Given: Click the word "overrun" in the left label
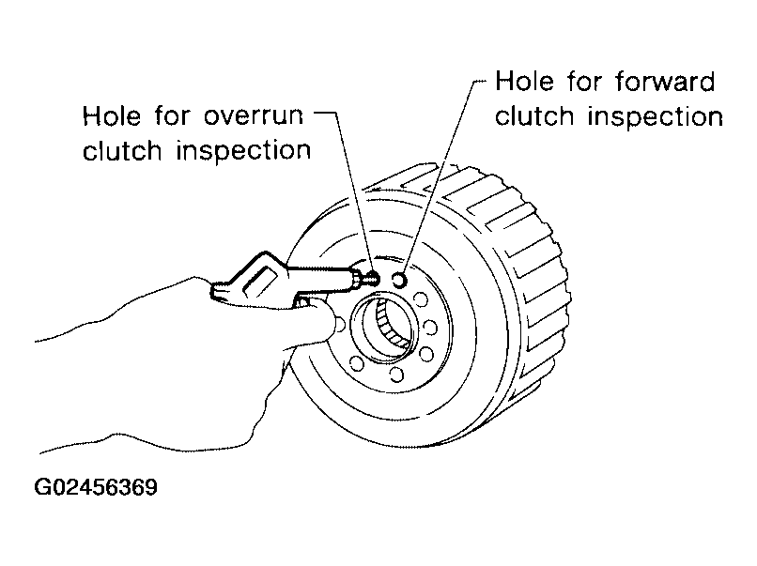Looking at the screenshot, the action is pyautogui.click(x=254, y=116).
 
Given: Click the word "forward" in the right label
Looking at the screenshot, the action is pyautogui.click(x=665, y=81).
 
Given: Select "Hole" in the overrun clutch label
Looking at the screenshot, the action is pyautogui.click(x=112, y=115).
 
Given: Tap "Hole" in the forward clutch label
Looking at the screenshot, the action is pyautogui.click(x=524, y=81).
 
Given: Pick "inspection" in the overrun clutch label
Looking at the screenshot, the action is pyautogui.click(x=243, y=150).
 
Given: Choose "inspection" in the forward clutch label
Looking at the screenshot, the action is pyautogui.click(x=656, y=116).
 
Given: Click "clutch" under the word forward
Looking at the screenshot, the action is pyautogui.click(x=534, y=116).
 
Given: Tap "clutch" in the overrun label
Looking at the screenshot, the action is pyautogui.click(x=122, y=150).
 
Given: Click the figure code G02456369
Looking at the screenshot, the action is pyautogui.click(x=96, y=487).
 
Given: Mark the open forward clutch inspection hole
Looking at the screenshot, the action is pyautogui.click(x=400, y=280).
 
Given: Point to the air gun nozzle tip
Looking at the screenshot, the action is pyautogui.click(x=374, y=278).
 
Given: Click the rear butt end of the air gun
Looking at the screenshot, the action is pyautogui.click(x=216, y=291).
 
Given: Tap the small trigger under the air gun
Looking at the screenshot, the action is pyautogui.click(x=302, y=302).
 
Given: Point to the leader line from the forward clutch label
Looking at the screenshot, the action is pyautogui.click(x=438, y=174).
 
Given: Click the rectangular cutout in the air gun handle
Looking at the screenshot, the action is pyautogui.click(x=261, y=282).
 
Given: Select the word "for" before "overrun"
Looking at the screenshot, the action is pyautogui.click(x=173, y=115).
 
